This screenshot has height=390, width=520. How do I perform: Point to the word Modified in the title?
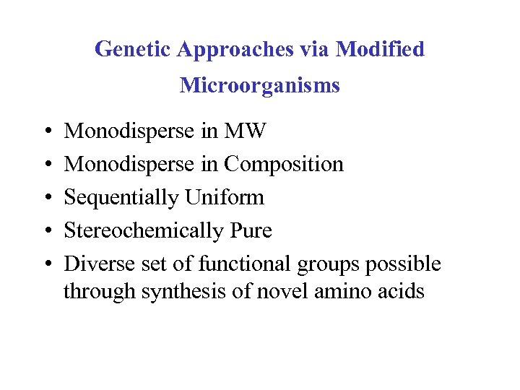click(380, 50)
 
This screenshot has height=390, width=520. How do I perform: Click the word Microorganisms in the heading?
click(260, 85)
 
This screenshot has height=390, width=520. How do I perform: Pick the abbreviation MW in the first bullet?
click(246, 131)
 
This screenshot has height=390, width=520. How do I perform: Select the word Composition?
click(284, 165)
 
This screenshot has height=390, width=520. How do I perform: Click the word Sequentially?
click(122, 198)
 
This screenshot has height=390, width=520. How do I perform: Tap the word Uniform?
click(225, 198)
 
